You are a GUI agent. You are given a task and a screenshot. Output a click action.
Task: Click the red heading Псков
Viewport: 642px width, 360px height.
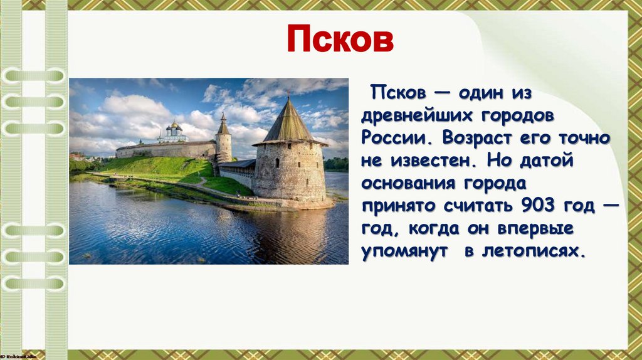point(340,40)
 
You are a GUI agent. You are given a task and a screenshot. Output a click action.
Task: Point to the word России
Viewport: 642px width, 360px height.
point(394,138)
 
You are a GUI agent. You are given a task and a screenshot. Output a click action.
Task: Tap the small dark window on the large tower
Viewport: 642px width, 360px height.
point(276,162)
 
